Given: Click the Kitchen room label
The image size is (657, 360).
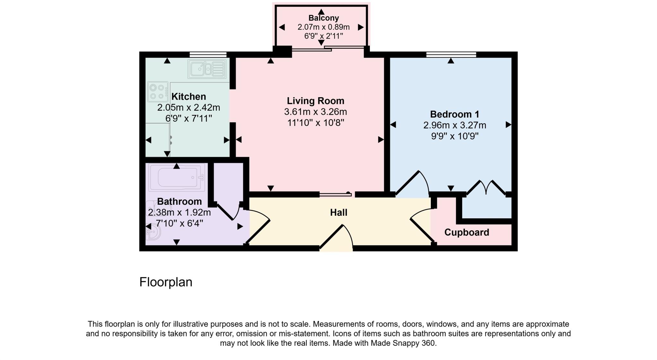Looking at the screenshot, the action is coord(189,96).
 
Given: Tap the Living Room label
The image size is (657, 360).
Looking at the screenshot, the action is coord(316,101).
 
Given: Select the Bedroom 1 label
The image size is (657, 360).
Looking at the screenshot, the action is coord(455,114).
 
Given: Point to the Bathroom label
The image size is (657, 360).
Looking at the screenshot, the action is coord(179,201).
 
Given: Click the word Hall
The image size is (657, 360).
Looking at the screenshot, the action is coord(339,213).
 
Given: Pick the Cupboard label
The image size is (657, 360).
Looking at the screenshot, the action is coord(467,232).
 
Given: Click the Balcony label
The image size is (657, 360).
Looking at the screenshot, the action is coord(324,18).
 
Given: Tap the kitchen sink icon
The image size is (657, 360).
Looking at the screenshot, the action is coord(207,69).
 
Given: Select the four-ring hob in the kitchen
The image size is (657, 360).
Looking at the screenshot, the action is coord(158,91).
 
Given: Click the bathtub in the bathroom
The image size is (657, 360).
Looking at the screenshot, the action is coord(177,177).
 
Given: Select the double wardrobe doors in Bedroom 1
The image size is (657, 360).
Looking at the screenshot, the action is coord(486,188).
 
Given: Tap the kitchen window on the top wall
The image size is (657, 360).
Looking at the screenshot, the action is coord(208,54).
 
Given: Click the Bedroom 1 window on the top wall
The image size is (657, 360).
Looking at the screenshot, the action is coord(451,54).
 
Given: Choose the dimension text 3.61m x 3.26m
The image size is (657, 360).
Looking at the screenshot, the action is coord(316,112).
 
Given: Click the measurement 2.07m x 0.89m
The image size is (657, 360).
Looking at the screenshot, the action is coord(324,27).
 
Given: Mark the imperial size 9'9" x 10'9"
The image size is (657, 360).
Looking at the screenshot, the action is coord(455,136).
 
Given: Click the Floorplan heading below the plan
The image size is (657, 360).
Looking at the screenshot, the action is coord(166,282).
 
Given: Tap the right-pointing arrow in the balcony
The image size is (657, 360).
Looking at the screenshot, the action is coord(361,27).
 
